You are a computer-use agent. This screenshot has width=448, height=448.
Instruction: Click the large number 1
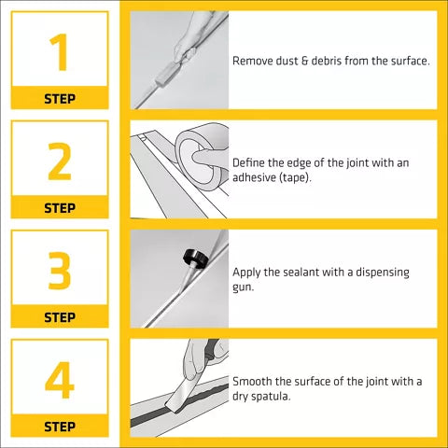click(58, 52)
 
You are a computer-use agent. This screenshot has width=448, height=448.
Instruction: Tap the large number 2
click(59, 161)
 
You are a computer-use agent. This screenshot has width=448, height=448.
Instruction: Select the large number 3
click(59, 271)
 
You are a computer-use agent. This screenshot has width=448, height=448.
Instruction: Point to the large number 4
click(59, 381)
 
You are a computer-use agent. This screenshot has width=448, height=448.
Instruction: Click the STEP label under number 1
click(59, 98)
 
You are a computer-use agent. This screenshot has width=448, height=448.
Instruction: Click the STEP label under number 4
click(59, 427)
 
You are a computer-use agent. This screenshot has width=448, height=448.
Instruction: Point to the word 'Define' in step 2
click(250, 162)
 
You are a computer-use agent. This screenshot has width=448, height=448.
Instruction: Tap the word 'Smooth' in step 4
click(254, 382)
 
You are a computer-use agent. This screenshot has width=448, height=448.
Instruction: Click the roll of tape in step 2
click(200, 149)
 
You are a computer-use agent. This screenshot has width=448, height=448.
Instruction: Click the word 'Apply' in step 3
click(247, 273)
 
